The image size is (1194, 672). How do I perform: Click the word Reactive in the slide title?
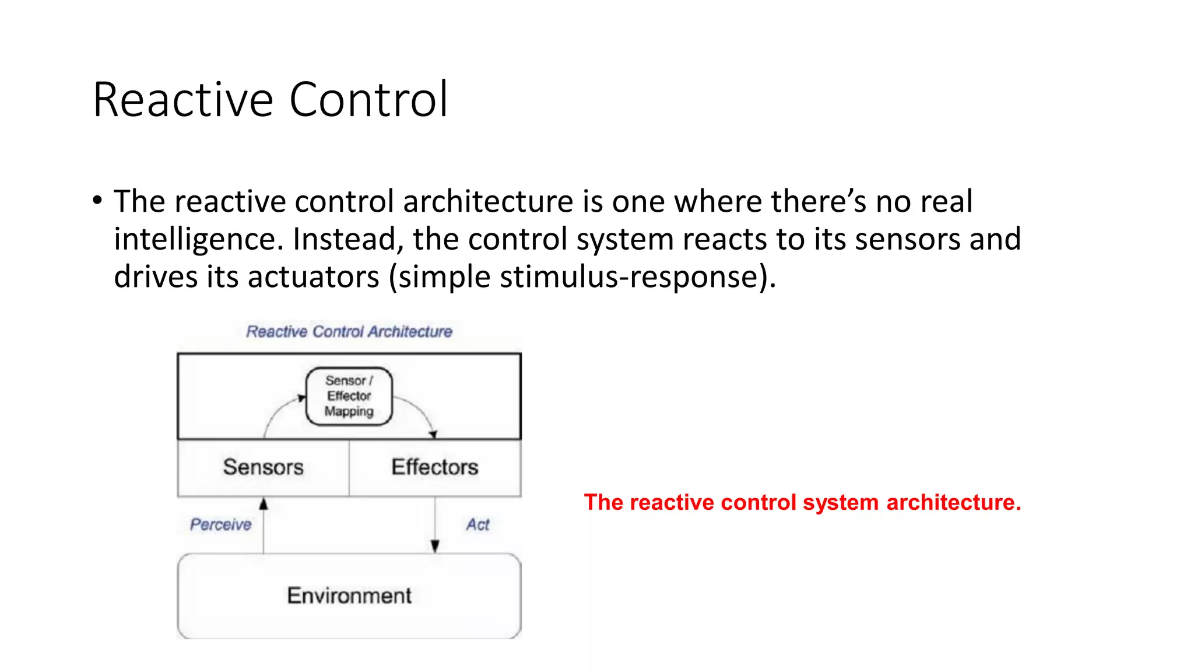click(x=182, y=100)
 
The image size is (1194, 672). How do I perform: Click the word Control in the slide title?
click(x=368, y=100)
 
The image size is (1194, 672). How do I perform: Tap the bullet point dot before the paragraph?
click(x=97, y=201)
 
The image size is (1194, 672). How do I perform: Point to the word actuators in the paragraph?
click(x=314, y=276)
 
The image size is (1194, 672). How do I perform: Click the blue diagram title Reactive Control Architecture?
click(x=349, y=331)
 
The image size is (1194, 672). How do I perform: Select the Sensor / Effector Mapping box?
click(x=349, y=396)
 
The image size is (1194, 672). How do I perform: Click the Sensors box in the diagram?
click(x=263, y=467)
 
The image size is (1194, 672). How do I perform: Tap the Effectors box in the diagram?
click(x=434, y=467)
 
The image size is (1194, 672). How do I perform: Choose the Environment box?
click(x=349, y=596)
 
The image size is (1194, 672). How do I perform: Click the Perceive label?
click(x=220, y=524)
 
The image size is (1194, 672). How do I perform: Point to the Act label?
click(x=477, y=524)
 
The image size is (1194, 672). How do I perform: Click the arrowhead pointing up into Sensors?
click(x=264, y=504)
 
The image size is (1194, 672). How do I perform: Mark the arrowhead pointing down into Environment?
click(x=435, y=546)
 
